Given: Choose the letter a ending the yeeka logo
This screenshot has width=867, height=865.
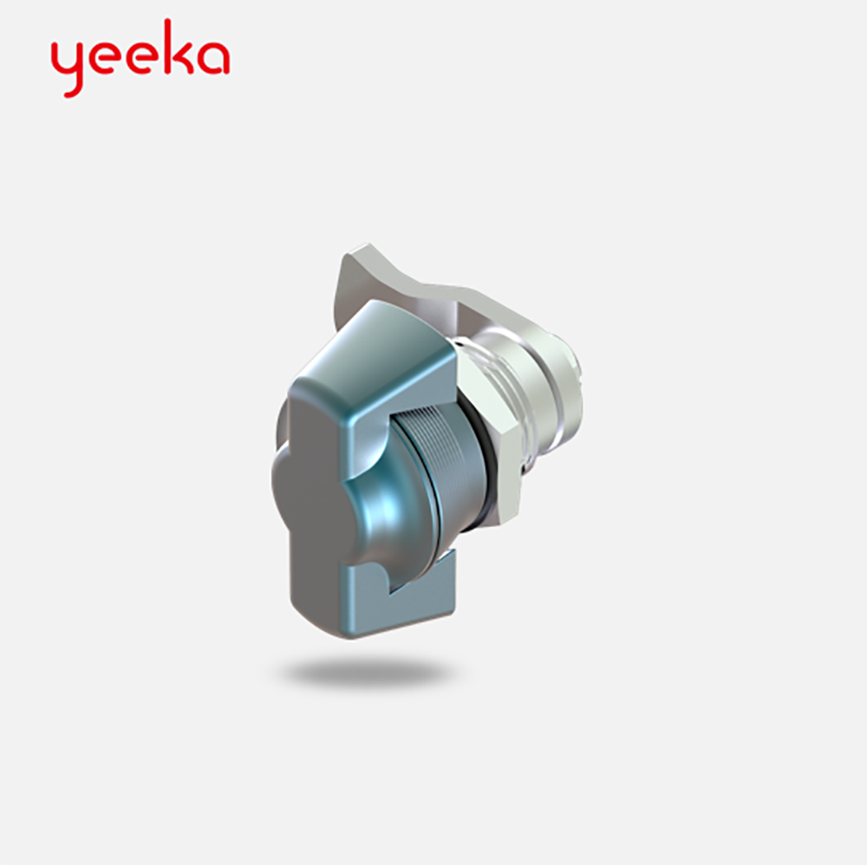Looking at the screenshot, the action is [213, 57].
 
